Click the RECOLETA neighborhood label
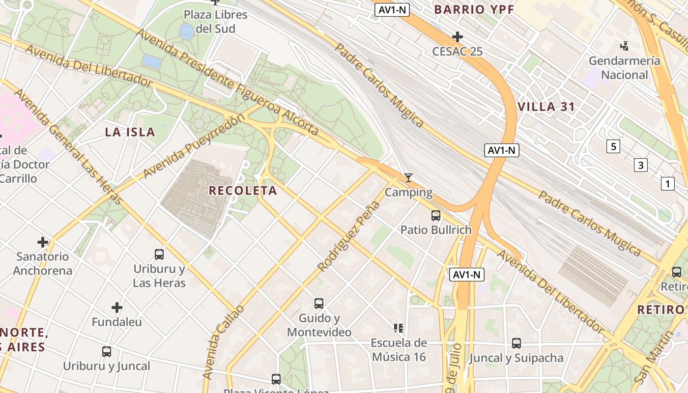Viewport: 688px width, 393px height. (243, 191)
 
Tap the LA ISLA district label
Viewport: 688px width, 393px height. (130, 132)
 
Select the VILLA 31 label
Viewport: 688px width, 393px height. (546, 107)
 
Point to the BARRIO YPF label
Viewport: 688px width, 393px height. (474, 9)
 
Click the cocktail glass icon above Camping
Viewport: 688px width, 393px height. (408, 177)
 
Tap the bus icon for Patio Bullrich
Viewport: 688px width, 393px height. (435, 215)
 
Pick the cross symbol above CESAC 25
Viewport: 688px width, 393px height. (458, 37)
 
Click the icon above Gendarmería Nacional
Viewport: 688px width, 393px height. (625, 47)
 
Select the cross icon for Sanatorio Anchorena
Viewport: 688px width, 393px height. (43, 242)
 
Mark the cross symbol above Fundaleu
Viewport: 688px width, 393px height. (116, 308)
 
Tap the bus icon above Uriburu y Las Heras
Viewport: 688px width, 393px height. (159, 254)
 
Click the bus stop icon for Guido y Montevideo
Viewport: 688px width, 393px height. (319, 304)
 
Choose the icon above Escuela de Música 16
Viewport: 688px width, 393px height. (398, 328)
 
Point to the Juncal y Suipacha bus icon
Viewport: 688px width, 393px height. (516, 343)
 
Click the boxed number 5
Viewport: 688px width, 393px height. (613, 146)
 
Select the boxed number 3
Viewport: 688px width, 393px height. (640, 165)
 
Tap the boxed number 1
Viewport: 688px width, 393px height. (667, 184)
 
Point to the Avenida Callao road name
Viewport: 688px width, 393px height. (223, 342)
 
